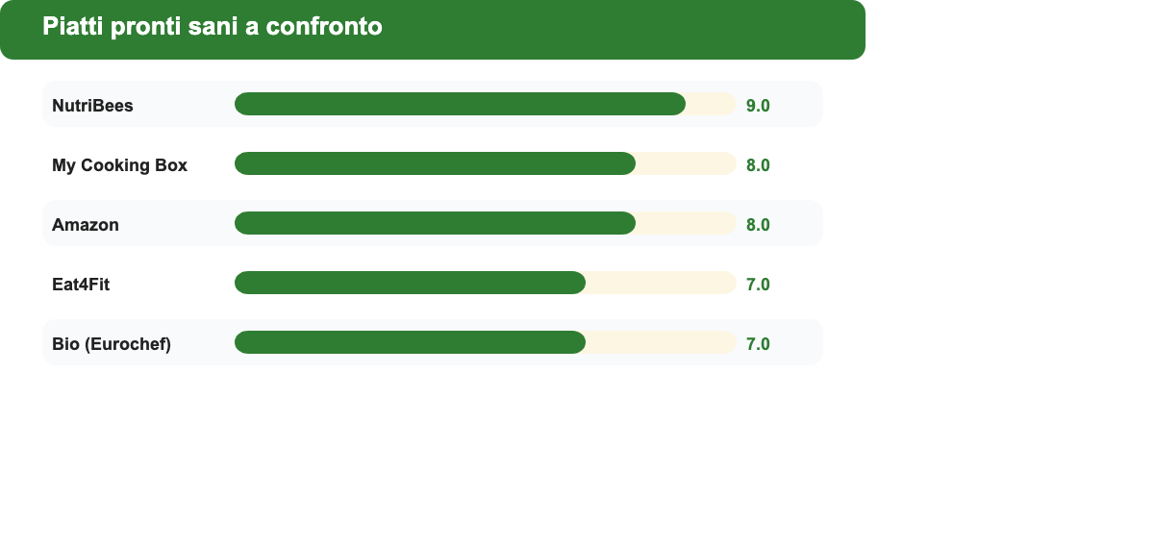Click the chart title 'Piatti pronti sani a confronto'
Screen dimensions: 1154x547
pos(213,27)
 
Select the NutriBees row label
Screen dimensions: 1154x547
pos(92,106)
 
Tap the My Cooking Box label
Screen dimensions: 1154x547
pos(119,165)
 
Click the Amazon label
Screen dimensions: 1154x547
pos(86,225)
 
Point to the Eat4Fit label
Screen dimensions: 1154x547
pos(81,285)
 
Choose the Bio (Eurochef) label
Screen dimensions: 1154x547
pos(112,344)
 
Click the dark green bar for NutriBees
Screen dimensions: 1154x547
pos(460,104)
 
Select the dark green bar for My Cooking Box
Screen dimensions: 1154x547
pos(435,163)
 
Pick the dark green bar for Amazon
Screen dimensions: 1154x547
pos(435,223)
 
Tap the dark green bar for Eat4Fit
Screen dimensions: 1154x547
pos(410,283)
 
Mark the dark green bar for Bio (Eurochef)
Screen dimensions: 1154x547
pos(410,342)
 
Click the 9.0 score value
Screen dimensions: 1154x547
pos(758,106)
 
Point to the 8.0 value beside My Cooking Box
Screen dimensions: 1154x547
pos(758,165)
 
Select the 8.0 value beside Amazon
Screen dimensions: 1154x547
pos(758,225)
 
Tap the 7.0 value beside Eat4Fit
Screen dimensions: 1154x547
pos(758,285)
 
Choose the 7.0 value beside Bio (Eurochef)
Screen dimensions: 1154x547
pos(758,344)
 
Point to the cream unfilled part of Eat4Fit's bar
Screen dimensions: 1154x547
pos(662,283)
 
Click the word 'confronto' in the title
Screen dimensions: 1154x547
pos(324,27)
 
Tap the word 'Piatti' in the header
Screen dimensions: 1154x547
pos(73,26)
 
